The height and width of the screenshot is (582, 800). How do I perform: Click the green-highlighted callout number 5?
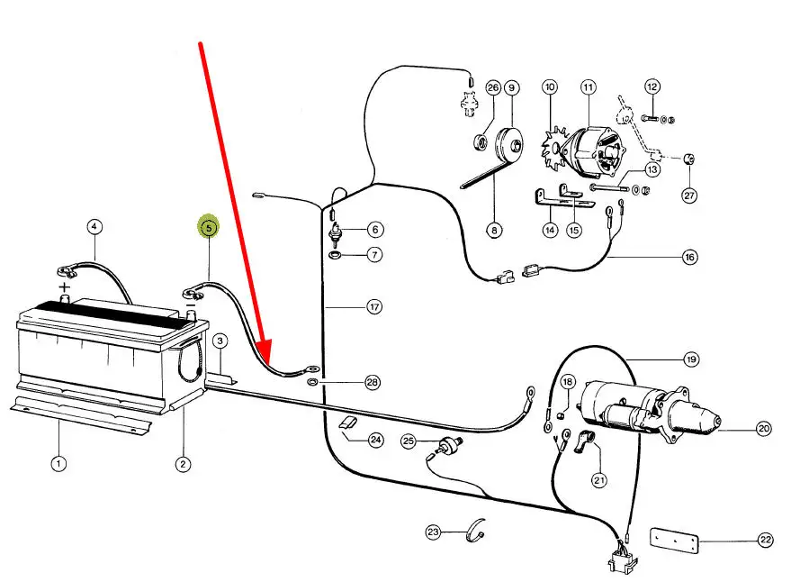tap(209, 227)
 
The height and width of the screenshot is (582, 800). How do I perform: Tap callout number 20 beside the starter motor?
tap(763, 428)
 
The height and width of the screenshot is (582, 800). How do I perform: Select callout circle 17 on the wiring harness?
tap(374, 306)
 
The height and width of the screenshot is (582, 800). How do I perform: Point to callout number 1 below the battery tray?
tap(58, 464)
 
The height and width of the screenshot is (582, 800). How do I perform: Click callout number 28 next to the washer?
tap(373, 382)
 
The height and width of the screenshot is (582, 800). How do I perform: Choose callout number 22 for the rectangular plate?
tap(765, 540)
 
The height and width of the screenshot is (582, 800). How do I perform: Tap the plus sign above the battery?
tap(64, 286)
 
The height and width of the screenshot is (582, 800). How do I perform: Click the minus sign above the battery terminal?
tap(190, 305)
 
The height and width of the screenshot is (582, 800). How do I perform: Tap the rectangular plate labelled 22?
tap(674, 541)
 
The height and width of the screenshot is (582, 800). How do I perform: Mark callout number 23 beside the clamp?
tap(433, 532)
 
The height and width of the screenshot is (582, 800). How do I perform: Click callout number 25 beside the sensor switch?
tap(409, 441)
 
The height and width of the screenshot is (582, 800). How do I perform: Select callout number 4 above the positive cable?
tap(94, 226)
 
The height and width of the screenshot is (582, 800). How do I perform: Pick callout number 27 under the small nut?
tap(689, 196)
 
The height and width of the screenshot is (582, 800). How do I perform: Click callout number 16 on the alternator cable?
tap(689, 257)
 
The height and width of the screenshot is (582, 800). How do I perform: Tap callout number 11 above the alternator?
tap(589, 87)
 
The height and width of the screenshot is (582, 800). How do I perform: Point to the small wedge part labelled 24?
tap(348, 423)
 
